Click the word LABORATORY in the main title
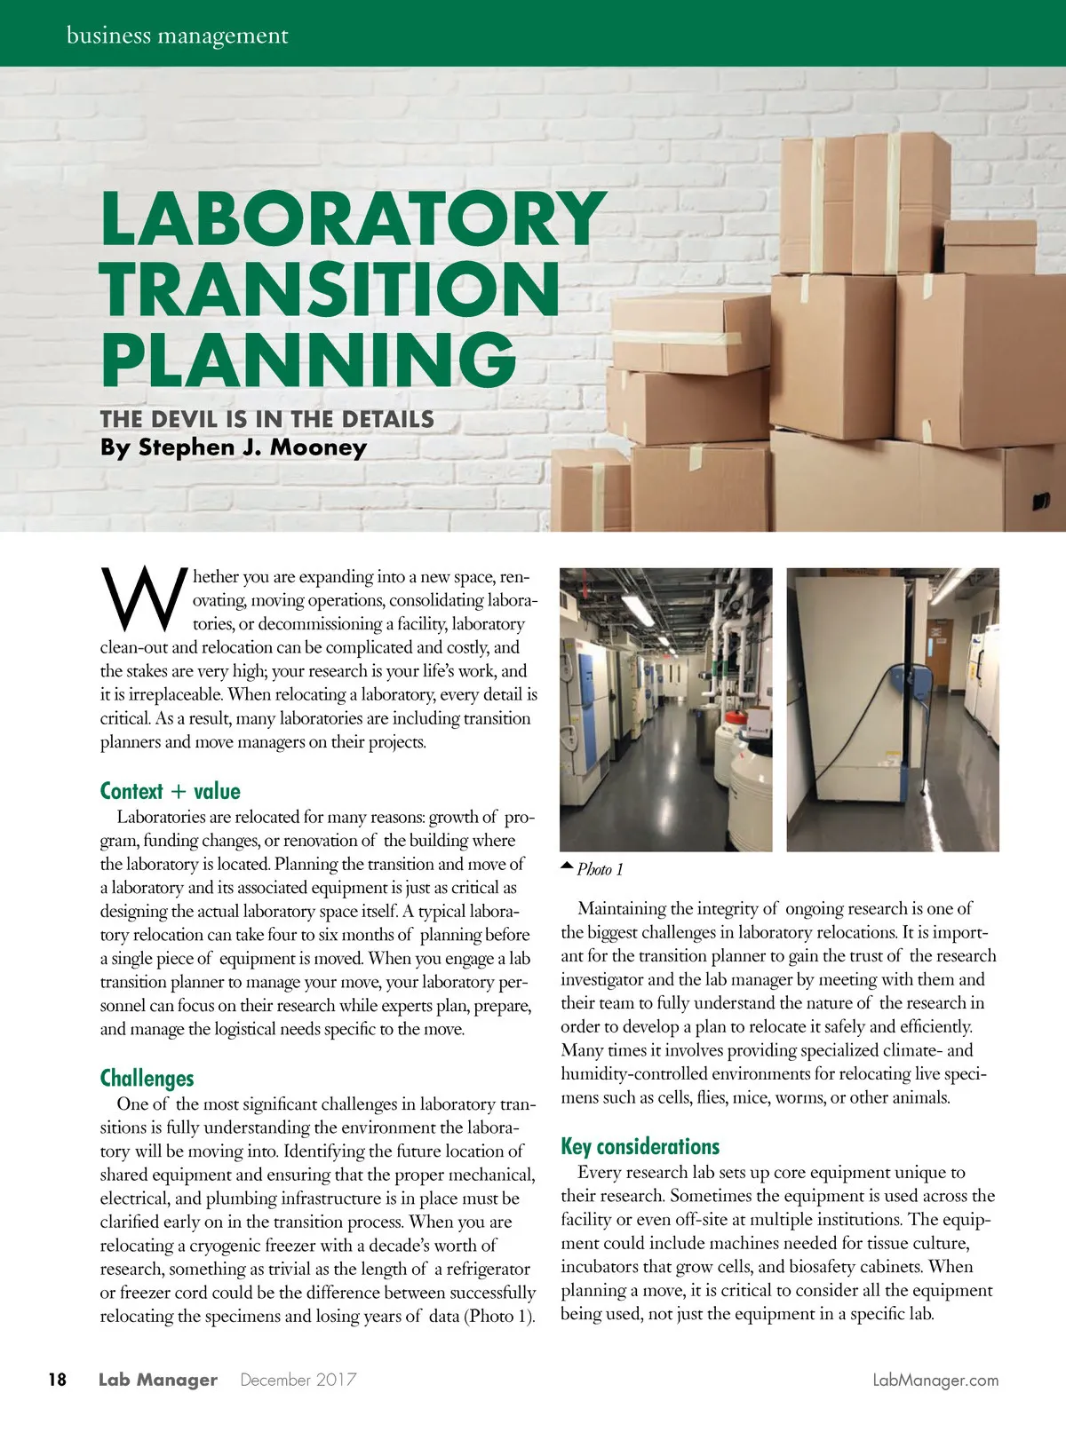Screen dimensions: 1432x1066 (x=353, y=218)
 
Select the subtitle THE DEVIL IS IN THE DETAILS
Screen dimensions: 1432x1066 (x=266, y=419)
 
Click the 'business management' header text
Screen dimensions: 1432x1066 (x=178, y=36)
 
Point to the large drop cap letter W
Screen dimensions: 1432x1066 (x=144, y=596)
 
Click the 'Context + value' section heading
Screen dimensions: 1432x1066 (x=170, y=791)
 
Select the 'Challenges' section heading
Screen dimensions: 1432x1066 (x=147, y=1079)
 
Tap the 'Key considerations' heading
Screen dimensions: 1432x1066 (x=640, y=1146)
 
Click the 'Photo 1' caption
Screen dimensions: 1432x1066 (x=601, y=869)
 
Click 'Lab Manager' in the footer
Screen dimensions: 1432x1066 (x=157, y=1380)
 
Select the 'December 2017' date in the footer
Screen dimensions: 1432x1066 (x=298, y=1380)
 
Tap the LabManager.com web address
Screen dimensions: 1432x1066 (x=935, y=1380)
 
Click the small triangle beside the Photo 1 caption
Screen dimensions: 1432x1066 (x=567, y=864)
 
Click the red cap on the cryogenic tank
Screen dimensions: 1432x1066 (x=735, y=716)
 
